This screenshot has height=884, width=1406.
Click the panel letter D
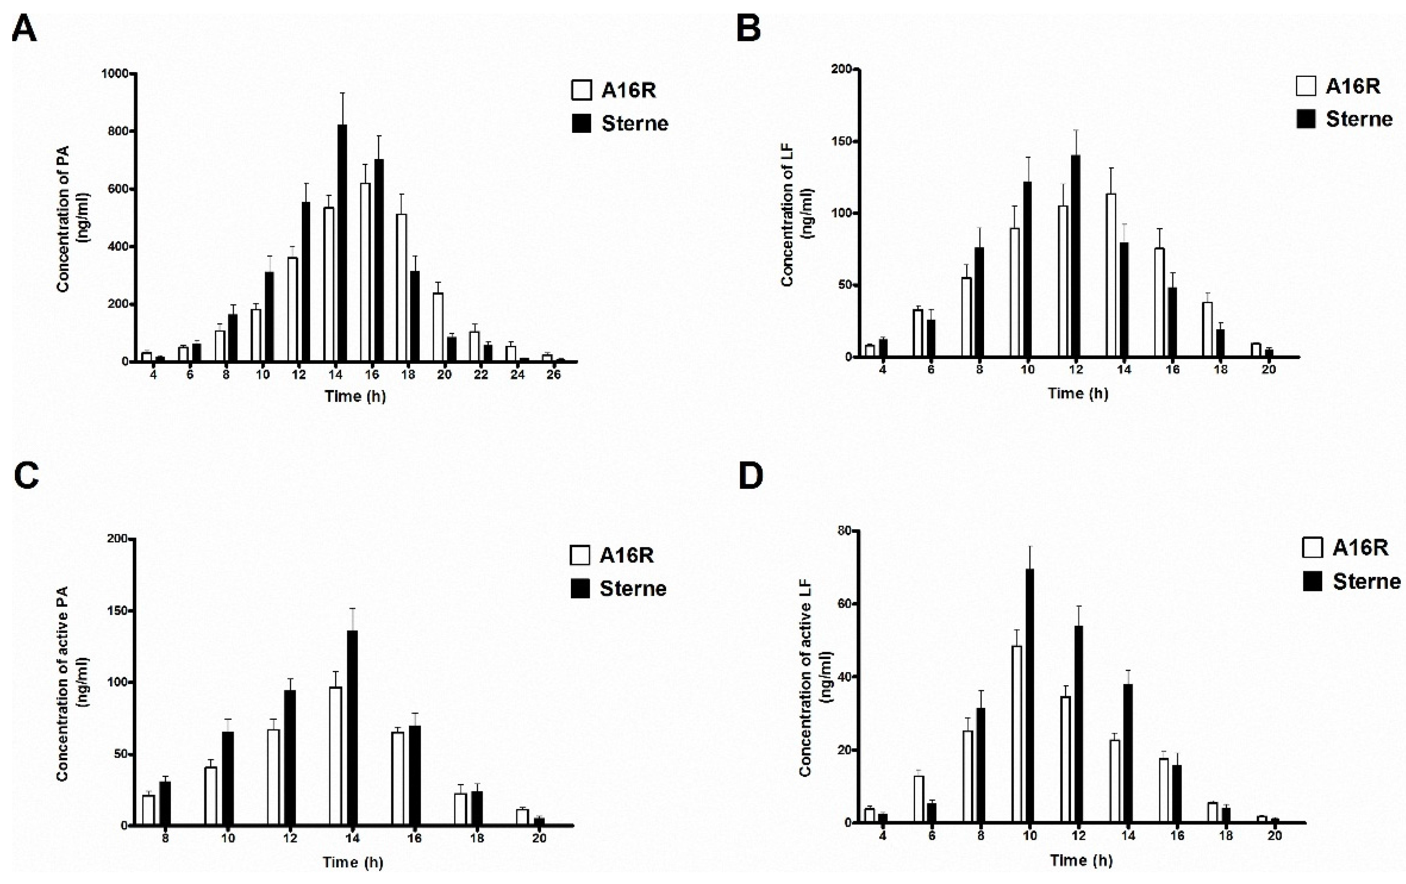click(x=751, y=477)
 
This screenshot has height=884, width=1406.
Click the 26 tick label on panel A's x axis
click(x=553, y=375)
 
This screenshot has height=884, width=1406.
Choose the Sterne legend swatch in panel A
click(x=581, y=124)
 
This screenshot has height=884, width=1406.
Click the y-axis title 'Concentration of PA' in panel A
click(x=63, y=219)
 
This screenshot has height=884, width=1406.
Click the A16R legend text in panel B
click(x=1353, y=86)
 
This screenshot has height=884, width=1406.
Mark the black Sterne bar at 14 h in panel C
click(x=352, y=728)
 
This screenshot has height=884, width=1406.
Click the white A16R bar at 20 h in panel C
click(x=522, y=817)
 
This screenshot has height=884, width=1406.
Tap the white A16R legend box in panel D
click(x=1312, y=548)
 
